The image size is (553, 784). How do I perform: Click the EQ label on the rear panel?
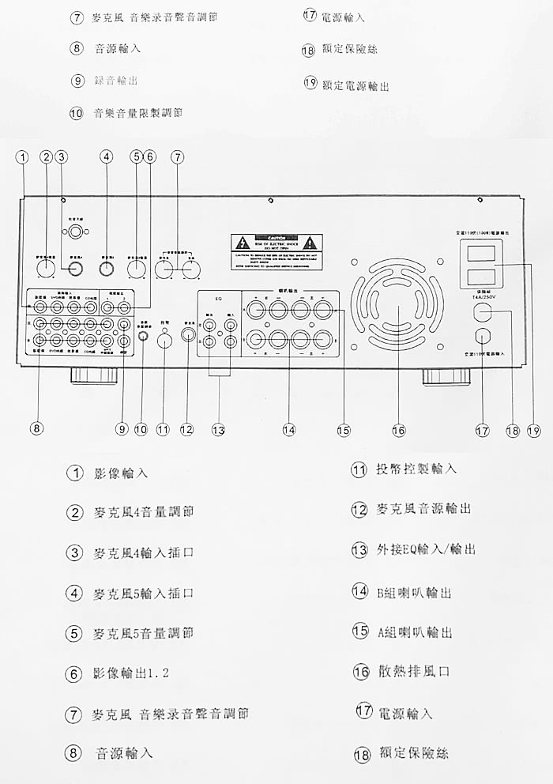pyautogui.click(x=219, y=300)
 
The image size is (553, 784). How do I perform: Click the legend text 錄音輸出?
pyautogui.click(x=120, y=80)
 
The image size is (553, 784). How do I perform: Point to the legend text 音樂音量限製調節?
pyautogui.click(x=138, y=112)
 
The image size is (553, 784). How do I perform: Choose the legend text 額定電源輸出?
pyautogui.click(x=355, y=85)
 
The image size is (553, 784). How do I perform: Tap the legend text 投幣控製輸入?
pyautogui.click(x=416, y=469)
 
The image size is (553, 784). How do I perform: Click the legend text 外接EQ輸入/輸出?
pyautogui.click(x=426, y=548)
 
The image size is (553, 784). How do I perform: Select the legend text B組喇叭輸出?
pyautogui.click(x=415, y=592)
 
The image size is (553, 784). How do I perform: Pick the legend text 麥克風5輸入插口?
pyautogui.click(x=143, y=593)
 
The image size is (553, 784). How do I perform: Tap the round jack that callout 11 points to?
pyautogui.click(x=164, y=341)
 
